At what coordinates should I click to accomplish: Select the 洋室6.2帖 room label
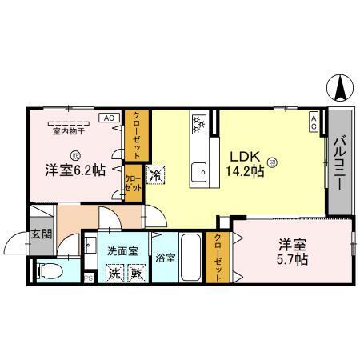(x=74, y=170)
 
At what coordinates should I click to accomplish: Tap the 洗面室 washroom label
(x=122, y=250)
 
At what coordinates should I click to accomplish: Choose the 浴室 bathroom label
(x=166, y=258)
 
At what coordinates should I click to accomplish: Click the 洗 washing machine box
(x=115, y=273)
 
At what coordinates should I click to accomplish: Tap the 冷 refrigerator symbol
(x=156, y=173)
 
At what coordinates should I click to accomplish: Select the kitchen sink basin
(x=198, y=170)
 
